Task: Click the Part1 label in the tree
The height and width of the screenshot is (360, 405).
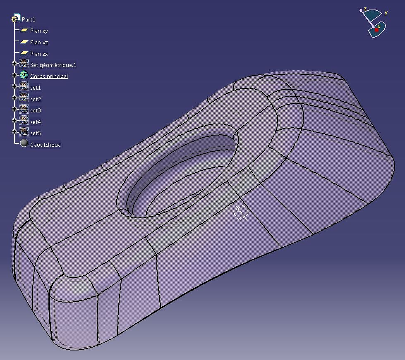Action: click(x=29, y=19)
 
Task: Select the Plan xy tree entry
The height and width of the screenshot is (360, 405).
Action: click(x=39, y=31)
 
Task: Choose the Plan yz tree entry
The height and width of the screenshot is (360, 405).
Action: click(x=39, y=42)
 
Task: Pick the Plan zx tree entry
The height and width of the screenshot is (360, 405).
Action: click(x=39, y=54)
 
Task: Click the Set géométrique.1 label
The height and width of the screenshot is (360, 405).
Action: click(x=53, y=65)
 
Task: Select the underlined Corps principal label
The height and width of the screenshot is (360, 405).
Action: click(x=49, y=76)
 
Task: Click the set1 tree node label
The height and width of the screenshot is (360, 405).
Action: click(x=36, y=88)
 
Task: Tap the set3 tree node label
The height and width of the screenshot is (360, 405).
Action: click(x=36, y=110)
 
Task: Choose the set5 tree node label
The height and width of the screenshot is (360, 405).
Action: click(x=36, y=133)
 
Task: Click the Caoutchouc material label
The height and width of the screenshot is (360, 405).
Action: click(x=45, y=145)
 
